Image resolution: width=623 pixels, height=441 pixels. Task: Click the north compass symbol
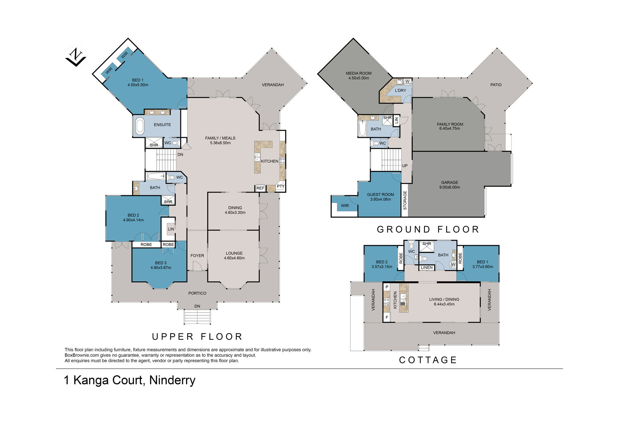click(x=76, y=57)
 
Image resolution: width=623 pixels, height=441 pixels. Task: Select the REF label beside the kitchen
click(x=260, y=188)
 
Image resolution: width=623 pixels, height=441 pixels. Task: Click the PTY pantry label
click(x=281, y=186)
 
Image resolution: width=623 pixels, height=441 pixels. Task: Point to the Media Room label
click(x=359, y=73)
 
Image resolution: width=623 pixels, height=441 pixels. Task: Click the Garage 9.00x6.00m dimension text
click(x=449, y=187)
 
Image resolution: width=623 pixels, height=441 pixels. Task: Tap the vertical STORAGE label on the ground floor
click(x=405, y=200)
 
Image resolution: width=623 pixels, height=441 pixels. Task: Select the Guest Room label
click(x=380, y=194)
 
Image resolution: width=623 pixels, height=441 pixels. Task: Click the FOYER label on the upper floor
click(x=197, y=255)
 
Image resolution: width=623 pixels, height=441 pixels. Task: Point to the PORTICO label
click(x=197, y=293)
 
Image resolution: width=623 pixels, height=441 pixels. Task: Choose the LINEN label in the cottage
click(x=427, y=268)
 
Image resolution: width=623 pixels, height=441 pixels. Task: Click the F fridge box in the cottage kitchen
click(x=387, y=317)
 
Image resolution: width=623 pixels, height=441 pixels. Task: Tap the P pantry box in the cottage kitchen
click(x=387, y=287)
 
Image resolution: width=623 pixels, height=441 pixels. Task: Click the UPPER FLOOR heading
click(x=197, y=337)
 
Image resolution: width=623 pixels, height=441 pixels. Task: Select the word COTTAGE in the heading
click(x=428, y=360)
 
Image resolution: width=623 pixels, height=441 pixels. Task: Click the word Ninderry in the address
click(x=172, y=380)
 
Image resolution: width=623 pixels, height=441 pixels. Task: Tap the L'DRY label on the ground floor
click(x=401, y=90)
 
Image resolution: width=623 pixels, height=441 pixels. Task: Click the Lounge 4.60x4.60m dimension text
click(x=234, y=258)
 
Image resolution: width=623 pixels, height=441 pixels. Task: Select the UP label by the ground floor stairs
click(x=405, y=166)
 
